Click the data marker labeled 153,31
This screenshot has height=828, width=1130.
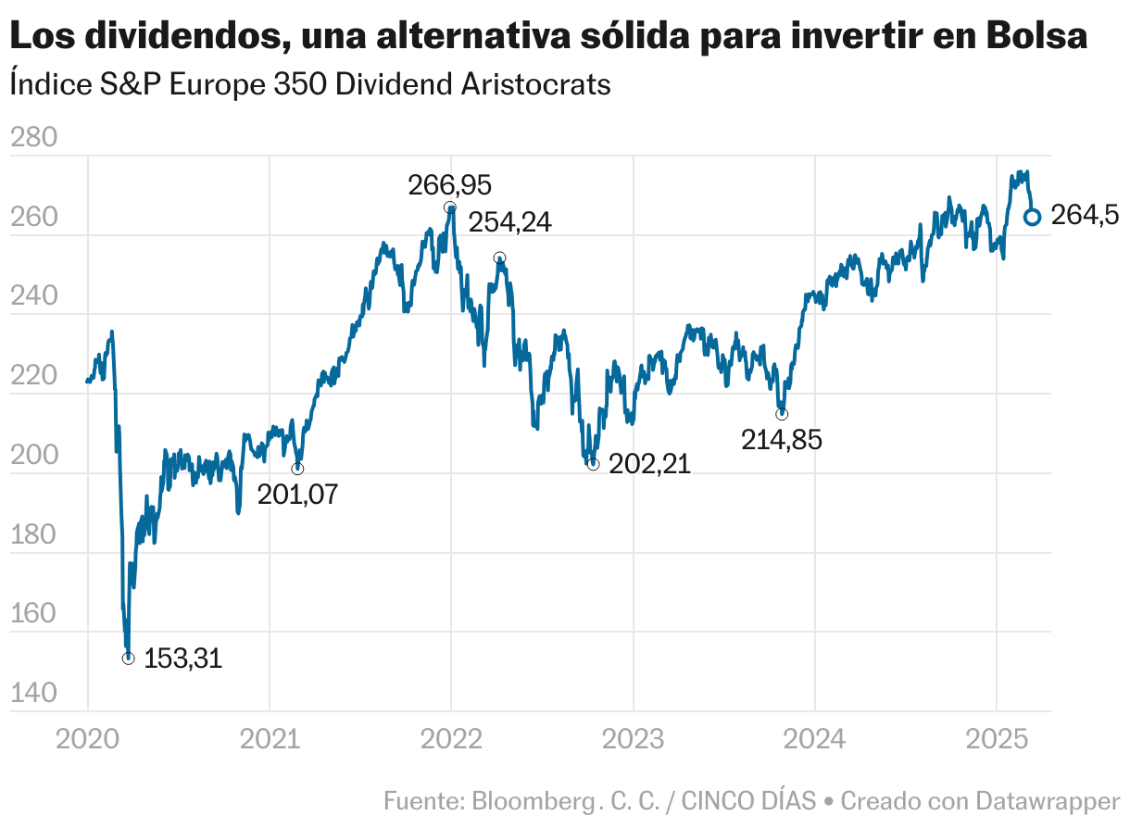128,659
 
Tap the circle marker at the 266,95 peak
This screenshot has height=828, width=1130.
449,207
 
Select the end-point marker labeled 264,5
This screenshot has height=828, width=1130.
1032,217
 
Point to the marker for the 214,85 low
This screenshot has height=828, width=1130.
782,413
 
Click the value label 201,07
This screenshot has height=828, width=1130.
297,494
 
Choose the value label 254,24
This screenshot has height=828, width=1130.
509,223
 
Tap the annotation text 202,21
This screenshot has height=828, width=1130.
650,464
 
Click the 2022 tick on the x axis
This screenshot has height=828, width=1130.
451,740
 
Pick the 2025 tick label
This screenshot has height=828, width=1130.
996,740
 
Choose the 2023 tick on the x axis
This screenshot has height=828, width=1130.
633,740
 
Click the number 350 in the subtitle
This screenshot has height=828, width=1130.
299,84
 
